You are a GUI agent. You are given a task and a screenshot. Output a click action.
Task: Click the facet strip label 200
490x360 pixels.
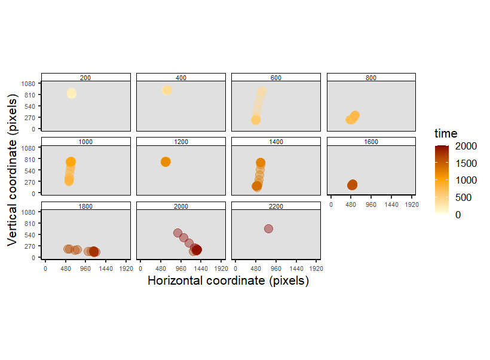[x=85, y=77]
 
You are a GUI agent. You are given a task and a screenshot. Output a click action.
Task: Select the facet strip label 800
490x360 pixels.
[x=371, y=77]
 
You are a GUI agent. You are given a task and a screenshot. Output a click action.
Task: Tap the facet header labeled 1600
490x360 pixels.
[x=371, y=142]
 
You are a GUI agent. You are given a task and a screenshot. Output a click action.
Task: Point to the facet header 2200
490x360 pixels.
[x=276, y=206]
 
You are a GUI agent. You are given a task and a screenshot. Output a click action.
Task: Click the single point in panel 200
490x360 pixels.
[x=71, y=93]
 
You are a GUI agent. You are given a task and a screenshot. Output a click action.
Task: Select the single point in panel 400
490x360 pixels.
[x=167, y=90]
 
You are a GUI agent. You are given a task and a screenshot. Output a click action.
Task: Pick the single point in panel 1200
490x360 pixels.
[x=166, y=161]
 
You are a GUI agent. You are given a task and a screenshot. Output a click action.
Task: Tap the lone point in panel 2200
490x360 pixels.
[x=268, y=228]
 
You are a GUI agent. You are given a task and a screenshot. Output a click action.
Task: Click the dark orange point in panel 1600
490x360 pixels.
[x=352, y=185]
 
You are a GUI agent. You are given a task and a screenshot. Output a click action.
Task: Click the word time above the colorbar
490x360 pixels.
[x=446, y=133]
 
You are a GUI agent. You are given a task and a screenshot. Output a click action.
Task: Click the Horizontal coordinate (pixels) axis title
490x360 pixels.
[x=228, y=280]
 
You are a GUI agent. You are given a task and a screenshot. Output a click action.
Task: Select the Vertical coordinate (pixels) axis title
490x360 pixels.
[x=11, y=169]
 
